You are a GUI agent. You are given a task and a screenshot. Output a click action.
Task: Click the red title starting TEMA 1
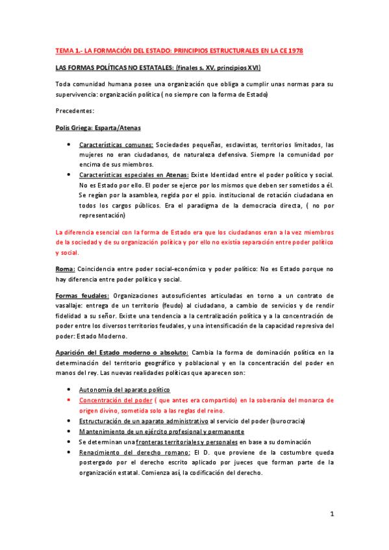(x=179, y=51)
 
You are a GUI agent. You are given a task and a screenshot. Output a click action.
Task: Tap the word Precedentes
(x=75, y=111)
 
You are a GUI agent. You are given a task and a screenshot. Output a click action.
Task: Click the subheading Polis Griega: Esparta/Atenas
(x=98, y=128)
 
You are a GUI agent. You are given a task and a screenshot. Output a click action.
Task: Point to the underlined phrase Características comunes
(x=116, y=145)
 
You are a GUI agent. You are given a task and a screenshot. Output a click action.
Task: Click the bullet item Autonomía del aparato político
(x=124, y=390)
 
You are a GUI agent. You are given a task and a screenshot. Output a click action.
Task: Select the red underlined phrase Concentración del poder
(x=115, y=400)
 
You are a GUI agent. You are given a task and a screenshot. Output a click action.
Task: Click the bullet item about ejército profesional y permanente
(x=161, y=431)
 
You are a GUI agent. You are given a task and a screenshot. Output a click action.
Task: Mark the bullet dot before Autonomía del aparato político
(x=69, y=390)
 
